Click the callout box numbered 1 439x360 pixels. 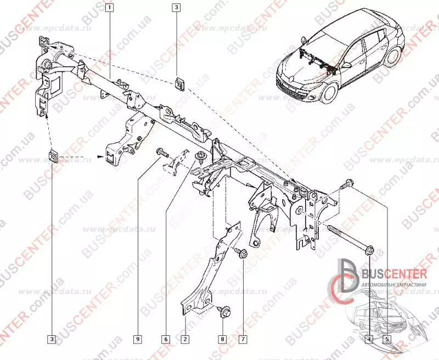tap(110, 8)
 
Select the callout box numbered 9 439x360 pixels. tap(137, 339)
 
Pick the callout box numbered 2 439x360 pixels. tap(185, 339)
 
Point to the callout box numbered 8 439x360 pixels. tap(223, 339)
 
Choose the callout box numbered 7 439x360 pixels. tap(242, 339)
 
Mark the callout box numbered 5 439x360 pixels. tap(387, 339)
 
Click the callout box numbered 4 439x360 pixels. tap(369, 339)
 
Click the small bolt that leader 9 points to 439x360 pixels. tap(161, 152)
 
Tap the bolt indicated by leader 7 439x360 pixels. tap(240, 253)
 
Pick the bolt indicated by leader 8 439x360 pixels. tap(224, 311)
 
